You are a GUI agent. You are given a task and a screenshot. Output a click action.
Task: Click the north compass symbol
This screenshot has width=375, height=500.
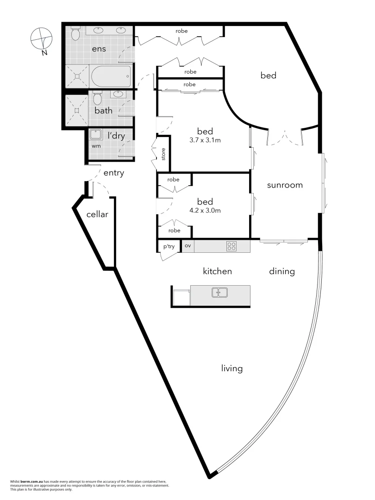coord(42,39)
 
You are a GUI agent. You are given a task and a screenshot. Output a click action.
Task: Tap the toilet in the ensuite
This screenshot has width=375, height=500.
coord(76,33)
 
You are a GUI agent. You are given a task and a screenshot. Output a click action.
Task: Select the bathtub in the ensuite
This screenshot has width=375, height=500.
coord(111,76)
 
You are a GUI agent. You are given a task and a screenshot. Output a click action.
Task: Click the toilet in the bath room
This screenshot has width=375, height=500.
coord(97,98)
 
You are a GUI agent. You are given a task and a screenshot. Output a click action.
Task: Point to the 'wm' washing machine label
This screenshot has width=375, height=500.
coord(96,146)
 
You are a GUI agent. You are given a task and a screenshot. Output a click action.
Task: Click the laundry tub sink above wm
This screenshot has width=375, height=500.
coord(96,135)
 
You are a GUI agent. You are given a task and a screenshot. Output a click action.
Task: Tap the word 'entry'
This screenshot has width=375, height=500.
coord(113,173)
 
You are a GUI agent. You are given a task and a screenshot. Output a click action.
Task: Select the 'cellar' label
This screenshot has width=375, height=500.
coord(97,214)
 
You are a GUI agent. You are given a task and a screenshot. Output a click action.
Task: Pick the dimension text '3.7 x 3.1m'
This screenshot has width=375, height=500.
coord(205,139)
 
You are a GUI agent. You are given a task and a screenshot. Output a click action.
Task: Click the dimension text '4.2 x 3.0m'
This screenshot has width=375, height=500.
coord(205,210)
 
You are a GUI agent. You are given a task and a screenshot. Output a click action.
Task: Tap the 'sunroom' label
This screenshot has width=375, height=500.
coord(285,185)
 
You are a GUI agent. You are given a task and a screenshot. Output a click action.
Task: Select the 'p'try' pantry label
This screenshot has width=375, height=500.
coord(169,246)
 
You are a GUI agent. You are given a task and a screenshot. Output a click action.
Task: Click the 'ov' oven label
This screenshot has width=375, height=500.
coord(187,246)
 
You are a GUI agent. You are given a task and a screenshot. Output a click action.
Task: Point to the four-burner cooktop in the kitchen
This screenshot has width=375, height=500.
coord(231,246)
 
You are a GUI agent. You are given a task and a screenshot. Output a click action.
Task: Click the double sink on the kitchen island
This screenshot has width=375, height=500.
coord(219,293)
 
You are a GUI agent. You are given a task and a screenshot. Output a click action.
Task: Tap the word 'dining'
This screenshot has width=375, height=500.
coord(282,271)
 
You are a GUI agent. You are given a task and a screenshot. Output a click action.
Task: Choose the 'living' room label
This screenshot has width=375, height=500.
coord(232,369)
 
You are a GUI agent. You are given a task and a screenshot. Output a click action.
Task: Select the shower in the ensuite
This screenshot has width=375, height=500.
coord(76,75)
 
